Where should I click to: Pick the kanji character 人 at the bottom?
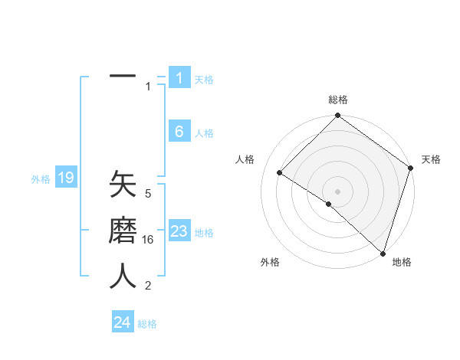click(x=123, y=276)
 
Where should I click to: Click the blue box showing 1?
click(x=179, y=77)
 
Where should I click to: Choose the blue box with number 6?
click(x=179, y=132)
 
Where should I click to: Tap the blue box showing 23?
click(x=179, y=231)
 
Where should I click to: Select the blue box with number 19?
click(x=66, y=178)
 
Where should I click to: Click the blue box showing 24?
click(x=123, y=322)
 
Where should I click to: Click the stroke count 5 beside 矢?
click(x=148, y=194)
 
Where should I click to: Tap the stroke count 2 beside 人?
click(x=148, y=286)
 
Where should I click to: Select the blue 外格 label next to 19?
click(x=41, y=179)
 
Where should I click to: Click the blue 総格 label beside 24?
click(x=147, y=323)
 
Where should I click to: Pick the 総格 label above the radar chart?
click(x=337, y=100)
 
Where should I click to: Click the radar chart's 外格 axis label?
click(x=270, y=263)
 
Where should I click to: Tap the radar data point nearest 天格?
click(x=411, y=169)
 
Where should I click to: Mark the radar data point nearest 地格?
click(x=382, y=254)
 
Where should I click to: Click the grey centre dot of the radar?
click(x=337, y=191)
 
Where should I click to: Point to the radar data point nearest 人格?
click(x=280, y=173)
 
